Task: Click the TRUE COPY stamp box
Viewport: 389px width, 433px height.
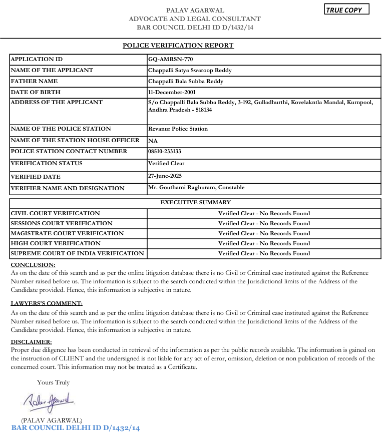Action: click(346, 10)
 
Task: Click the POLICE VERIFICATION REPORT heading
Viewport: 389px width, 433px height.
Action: click(178, 46)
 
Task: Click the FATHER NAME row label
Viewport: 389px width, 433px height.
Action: click(34, 81)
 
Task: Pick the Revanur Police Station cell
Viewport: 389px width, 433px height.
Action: click(178, 129)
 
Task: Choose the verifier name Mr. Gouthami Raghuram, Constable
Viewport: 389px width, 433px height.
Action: click(196, 187)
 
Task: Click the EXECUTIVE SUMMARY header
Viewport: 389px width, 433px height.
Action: click(195, 202)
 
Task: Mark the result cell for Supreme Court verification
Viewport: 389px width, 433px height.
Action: click(264, 253)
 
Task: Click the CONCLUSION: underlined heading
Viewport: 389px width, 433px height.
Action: click(33, 264)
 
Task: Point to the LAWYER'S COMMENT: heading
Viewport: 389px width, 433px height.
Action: click(47, 303)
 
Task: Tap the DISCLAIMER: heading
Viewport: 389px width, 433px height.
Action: click(32, 342)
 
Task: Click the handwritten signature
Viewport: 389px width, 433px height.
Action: click(49, 400)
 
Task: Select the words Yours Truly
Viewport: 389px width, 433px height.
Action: click(53, 382)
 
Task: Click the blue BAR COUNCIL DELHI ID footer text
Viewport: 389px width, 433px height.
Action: click(75, 428)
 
